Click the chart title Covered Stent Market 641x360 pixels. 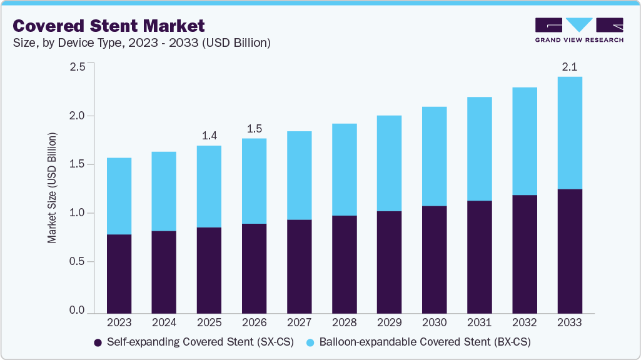pyautogui.click(x=109, y=26)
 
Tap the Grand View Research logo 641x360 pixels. pyautogui.click(x=579, y=29)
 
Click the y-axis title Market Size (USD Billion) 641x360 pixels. pyautogui.click(x=52, y=188)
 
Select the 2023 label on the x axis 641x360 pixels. pyautogui.click(x=119, y=323)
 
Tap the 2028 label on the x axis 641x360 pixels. pyautogui.click(x=344, y=323)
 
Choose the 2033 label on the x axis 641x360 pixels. pyautogui.click(x=569, y=323)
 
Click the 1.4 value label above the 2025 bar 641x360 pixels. pyautogui.click(x=209, y=135)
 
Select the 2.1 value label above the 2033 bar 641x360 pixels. pyautogui.click(x=569, y=66)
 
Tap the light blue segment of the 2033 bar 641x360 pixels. pyautogui.click(x=569, y=132)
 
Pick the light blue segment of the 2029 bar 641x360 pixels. pyautogui.click(x=389, y=163)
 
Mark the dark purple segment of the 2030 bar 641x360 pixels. pyautogui.click(x=434, y=259)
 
